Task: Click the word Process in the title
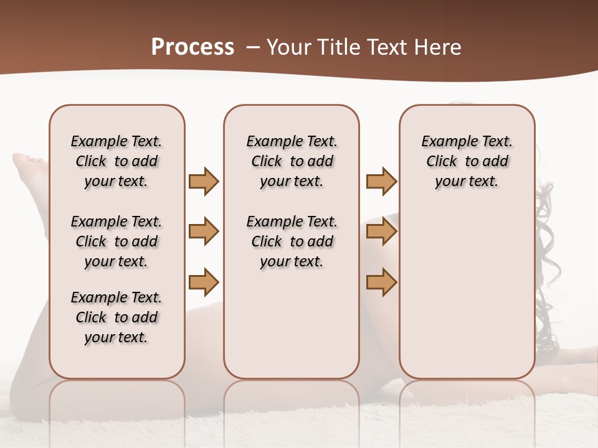(192, 47)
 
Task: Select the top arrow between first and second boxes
(204, 182)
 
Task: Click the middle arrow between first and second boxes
(204, 231)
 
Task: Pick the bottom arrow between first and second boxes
(204, 282)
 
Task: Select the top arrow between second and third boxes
(381, 182)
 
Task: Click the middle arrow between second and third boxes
(381, 231)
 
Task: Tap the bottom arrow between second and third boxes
(381, 282)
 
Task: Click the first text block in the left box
(116, 161)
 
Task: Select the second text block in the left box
(116, 241)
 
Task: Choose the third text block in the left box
(116, 317)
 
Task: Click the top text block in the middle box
(292, 161)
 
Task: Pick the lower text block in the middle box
(292, 241)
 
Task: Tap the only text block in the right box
(467, 161)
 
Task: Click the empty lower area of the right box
(467, 299)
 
